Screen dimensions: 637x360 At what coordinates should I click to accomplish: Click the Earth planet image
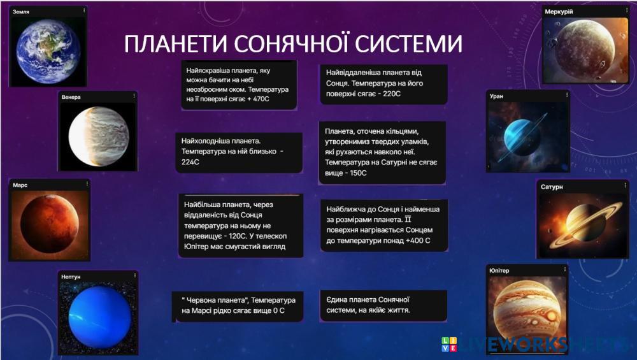point(48,51)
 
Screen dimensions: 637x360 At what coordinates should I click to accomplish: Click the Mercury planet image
point(585,50)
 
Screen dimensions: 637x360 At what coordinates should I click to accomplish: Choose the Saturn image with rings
point(583,225)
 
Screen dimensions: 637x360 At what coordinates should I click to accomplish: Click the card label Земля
point(21,11)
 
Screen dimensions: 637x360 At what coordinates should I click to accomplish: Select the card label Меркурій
point(559,11)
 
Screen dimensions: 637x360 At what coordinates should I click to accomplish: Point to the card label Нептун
point(71,277)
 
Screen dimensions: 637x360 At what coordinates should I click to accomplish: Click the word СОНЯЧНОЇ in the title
point(292,43)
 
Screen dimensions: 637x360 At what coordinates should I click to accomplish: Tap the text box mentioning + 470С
point(239,85)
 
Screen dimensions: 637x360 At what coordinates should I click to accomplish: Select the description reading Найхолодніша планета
point(239,152)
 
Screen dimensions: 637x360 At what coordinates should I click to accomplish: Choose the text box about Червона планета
point(238,306)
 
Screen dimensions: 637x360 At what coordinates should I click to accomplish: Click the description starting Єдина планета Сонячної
point(383,305)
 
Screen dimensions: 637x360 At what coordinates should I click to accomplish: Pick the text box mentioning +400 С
point(384,225)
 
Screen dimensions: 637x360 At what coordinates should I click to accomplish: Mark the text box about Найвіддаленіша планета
point(383,83)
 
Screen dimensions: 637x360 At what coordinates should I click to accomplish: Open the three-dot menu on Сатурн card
point(626,185)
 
